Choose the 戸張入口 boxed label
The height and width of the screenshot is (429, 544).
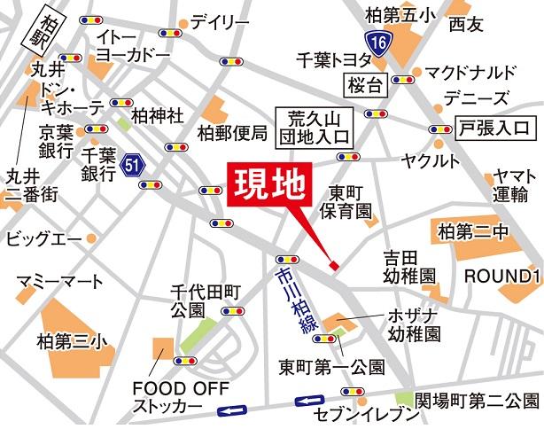[x=495, y=129]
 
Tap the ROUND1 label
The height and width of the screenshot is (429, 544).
[x=502, y=276]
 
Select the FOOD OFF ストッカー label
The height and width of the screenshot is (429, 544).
[x=169, y=396]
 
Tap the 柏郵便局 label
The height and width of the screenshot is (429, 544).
[x=232, y=134]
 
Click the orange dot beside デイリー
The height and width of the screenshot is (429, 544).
[x=183, y=24]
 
